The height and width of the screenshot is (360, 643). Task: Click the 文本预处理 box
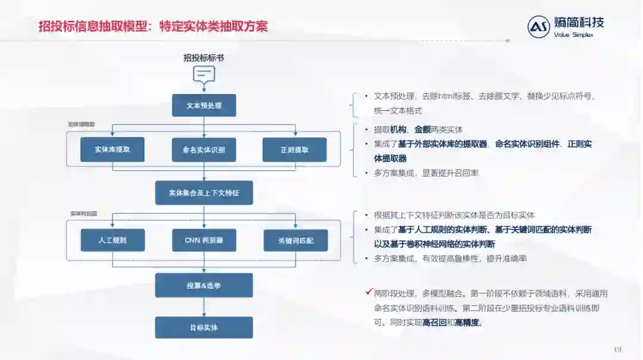[x=204, y=105]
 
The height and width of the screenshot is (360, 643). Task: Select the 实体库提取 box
[x=113, y=149]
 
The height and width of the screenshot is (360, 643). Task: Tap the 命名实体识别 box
[x=204, y=150]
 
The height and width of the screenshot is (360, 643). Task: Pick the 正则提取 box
[x=294, y=150]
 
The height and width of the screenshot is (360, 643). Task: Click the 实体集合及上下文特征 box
[x=204, y=193]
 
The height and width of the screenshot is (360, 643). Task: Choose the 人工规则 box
[x=113, y=240]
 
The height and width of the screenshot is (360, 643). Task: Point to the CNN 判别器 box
[x=204, y=240]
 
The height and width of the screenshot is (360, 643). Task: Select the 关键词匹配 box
[x=295, y=240]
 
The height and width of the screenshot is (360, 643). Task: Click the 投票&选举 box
[x=204, y=286]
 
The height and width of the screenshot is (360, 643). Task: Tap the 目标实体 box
[x=204, y=328]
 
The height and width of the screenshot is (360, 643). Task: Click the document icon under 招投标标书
[x=204, y=74]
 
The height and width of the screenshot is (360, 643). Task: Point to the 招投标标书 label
[x=204, y=58]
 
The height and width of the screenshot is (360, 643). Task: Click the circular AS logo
[x=538, y=27]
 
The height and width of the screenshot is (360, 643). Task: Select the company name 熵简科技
[x=579, y=23]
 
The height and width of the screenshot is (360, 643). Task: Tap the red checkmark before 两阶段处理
[x=369, y=292]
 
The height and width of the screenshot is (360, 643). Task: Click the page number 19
[x=617, y=349]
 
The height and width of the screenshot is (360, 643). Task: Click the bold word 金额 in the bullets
[x=423, y=130]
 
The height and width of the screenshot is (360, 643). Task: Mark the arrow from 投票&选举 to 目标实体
[x=204, y=307]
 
